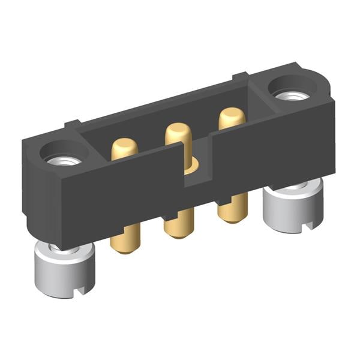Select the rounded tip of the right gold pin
(232, 113)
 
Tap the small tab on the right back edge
(240, 76)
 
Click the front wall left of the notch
(120, 192)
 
